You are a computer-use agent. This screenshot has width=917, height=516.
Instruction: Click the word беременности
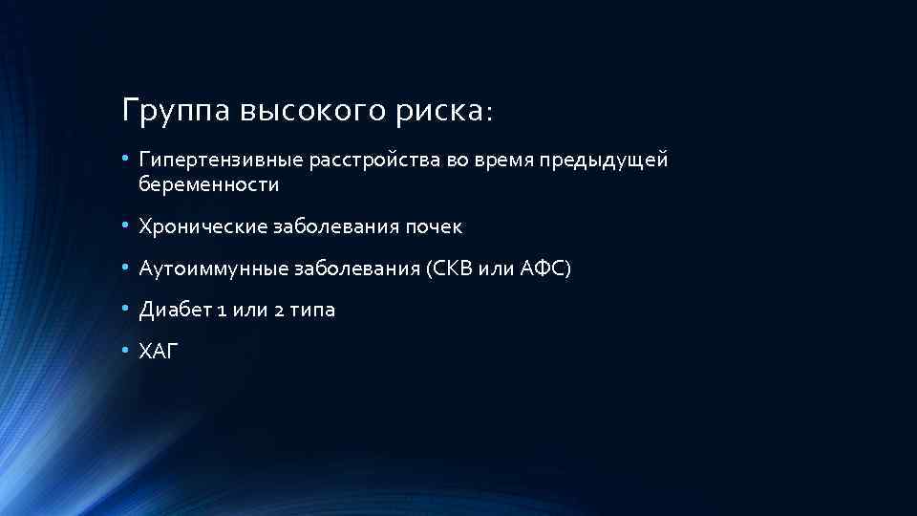(x=208, y=185)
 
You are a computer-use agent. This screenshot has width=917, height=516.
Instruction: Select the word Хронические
(x=203, y=227)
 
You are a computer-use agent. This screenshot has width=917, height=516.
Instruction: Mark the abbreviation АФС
(x=544, y=269)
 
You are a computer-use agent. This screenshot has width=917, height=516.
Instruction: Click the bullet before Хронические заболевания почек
(x=126, y=227)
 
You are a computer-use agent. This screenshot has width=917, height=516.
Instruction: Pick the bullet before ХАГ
(x=126, y=352)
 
